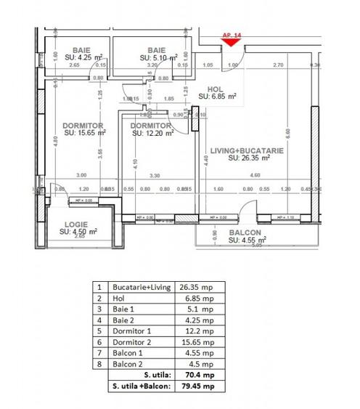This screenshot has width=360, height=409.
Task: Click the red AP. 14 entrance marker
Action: coord(231,41)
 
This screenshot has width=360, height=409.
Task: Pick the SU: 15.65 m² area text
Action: coord(86,133)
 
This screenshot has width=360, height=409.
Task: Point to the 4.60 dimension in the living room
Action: coord(253,175)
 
